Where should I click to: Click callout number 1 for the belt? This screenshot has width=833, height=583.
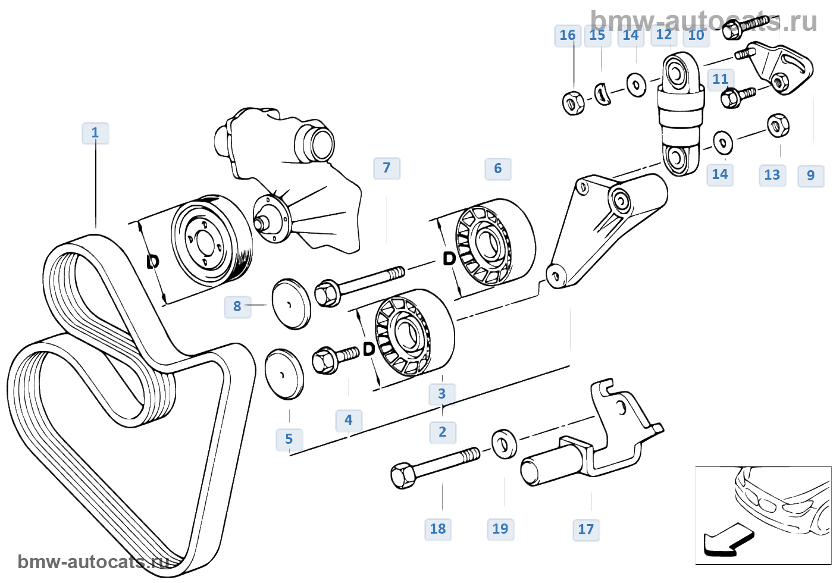pyautogui.click(x=95, y=133)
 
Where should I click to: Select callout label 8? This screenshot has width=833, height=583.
pyautogui.click(x=237, y=306)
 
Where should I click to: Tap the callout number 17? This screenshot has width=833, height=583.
pyautogui.click(x=586, y=529)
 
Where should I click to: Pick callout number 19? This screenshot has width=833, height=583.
pyautogui.click(x=500, y=529)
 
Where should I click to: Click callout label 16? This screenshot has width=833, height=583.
pyautogui.click(x=567, y=36)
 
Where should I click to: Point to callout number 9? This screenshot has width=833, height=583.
pyautogui.click(x=810, y=175)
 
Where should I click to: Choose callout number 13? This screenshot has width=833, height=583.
pyautogui.click(x=772, y=175)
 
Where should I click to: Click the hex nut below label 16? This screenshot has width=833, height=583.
pyautogui.click(x=573, y=103)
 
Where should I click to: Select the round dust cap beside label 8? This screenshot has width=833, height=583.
pyautogui.click(x=292, y=303)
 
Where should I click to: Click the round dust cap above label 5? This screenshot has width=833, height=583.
pyautogui.click(x=284, y=374)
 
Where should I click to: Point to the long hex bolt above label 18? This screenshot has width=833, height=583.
pyautogui.click(x=434, y=466)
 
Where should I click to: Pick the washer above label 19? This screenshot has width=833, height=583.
pyautogui.click(x=505, y=443)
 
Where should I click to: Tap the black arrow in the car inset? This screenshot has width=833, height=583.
pyautogui.click(x=727, y=540)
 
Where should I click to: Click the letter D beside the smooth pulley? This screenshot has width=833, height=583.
pyautogui.click(x=153, y=261)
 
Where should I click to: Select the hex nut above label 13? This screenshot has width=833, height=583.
pyautogui.click(x=777, y=126)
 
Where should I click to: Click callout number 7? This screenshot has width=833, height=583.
pyautogui.click(x=387, y=168)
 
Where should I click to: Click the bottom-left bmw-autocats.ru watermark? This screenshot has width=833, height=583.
pyautogui.click(x=92, y=562)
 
